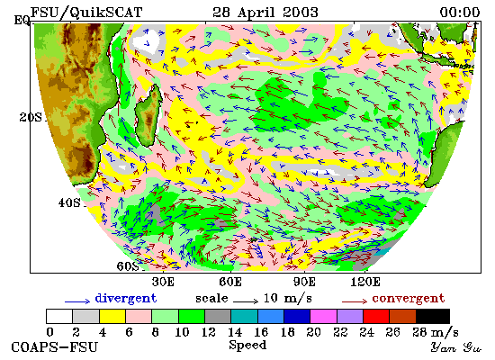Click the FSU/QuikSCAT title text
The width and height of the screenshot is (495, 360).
86,13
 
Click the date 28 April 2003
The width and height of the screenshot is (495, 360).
265,13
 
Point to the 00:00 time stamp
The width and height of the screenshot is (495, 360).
460,13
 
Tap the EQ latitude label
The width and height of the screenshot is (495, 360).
22,21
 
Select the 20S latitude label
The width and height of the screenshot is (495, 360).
31,118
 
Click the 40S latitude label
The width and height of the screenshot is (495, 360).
69,202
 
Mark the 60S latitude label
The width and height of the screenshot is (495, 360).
128,266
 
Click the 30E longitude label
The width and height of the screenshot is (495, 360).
163,282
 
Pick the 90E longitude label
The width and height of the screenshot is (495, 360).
304,282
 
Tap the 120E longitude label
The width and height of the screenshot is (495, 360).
365,282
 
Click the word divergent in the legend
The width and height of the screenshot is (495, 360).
126,299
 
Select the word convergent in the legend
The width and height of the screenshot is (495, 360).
409,298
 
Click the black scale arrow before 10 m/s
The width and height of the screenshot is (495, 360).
246,301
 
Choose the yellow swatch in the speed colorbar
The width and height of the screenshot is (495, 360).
112,317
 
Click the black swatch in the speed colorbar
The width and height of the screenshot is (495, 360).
433,317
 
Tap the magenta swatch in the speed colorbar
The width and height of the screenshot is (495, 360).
324,317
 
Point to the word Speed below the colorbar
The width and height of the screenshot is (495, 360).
247,345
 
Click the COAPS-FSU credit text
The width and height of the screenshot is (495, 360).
54,347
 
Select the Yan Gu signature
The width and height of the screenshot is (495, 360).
456,347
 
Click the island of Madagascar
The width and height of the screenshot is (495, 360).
148,115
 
